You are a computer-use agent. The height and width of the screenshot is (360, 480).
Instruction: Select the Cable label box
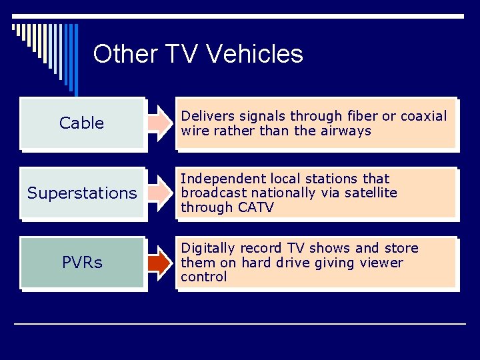click(x=82, y=123)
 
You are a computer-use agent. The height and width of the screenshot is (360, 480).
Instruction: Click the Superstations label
click(x=82, y=193)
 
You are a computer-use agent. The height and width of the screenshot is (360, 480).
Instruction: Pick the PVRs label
click(x=82, y=263)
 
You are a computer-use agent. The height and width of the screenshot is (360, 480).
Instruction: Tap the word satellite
click(x=371, y=193)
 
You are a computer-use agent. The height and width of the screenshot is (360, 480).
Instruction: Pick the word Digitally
click(x=204, y=248)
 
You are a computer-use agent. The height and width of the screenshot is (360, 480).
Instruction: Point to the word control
click(x=203, y=277)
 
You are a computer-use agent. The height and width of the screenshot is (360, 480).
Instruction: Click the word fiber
click(x=358, y=117)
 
